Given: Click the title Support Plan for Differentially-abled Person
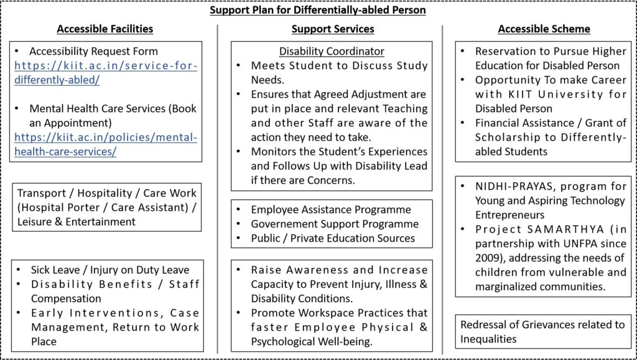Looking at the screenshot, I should (x=318, y=10).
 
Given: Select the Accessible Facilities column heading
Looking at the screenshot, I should (x=105, y=29).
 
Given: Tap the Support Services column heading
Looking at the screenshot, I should (x=332, y=29).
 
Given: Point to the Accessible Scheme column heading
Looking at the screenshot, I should (x=544, y=29).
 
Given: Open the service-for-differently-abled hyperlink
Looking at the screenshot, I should (x=105, y=73).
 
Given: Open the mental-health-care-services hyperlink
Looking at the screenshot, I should (x=105, y=144).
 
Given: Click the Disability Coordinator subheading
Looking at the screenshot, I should (x=332, y=51).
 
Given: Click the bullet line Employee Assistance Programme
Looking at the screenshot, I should (x=331, y=210).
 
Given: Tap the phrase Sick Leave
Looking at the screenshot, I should (x=55, y=270).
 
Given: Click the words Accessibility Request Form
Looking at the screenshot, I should (x=93, y=51).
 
